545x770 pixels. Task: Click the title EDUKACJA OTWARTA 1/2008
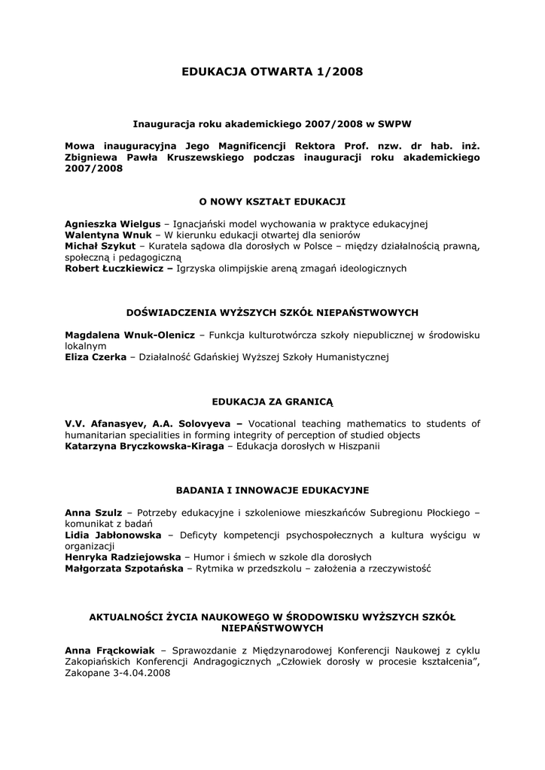[272, 72]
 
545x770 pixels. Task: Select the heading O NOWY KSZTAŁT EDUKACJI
[272, 202]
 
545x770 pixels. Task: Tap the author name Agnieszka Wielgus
[113, 224]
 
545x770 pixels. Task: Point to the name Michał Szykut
[100, 246]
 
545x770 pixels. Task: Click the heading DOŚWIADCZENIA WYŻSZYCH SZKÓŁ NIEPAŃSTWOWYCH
[272, 312]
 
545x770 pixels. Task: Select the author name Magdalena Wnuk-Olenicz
[129, 334]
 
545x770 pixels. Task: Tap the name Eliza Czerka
[96, 356]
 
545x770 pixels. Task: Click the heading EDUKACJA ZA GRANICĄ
[272, 402]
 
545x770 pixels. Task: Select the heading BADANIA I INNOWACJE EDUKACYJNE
[272, 490]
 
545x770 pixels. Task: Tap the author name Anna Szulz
[93, 513]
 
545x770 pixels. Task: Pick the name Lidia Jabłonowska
[113, 535]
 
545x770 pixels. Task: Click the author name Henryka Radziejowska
[123, 557]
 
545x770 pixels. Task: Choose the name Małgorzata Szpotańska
[123, 568]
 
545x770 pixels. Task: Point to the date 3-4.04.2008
[140, 673]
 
